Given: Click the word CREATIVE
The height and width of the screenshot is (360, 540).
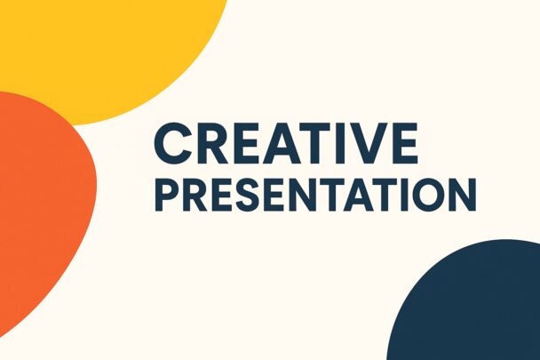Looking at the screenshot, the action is tap(286, 143).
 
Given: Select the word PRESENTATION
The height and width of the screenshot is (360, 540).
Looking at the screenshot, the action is tap(315, 195).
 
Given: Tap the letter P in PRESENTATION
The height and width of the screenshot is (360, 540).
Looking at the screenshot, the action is tap(168, 195).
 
